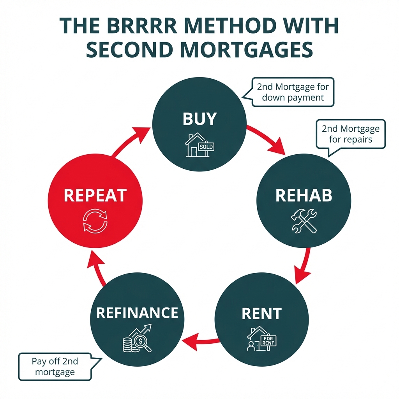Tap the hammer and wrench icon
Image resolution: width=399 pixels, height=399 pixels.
(304, 221)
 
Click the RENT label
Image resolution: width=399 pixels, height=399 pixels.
(261, 313)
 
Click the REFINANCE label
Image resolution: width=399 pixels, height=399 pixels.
(137, 312)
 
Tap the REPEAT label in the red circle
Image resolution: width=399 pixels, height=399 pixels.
(95, 195)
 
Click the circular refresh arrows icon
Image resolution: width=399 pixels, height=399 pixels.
(95, 221)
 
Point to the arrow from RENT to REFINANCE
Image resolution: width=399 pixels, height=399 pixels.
(201, 341)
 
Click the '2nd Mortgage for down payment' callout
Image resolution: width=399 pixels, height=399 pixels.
(293, 92)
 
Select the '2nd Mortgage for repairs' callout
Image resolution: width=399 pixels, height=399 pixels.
(350, 134)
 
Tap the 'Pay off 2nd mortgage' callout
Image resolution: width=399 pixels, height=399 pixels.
(55, 367)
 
